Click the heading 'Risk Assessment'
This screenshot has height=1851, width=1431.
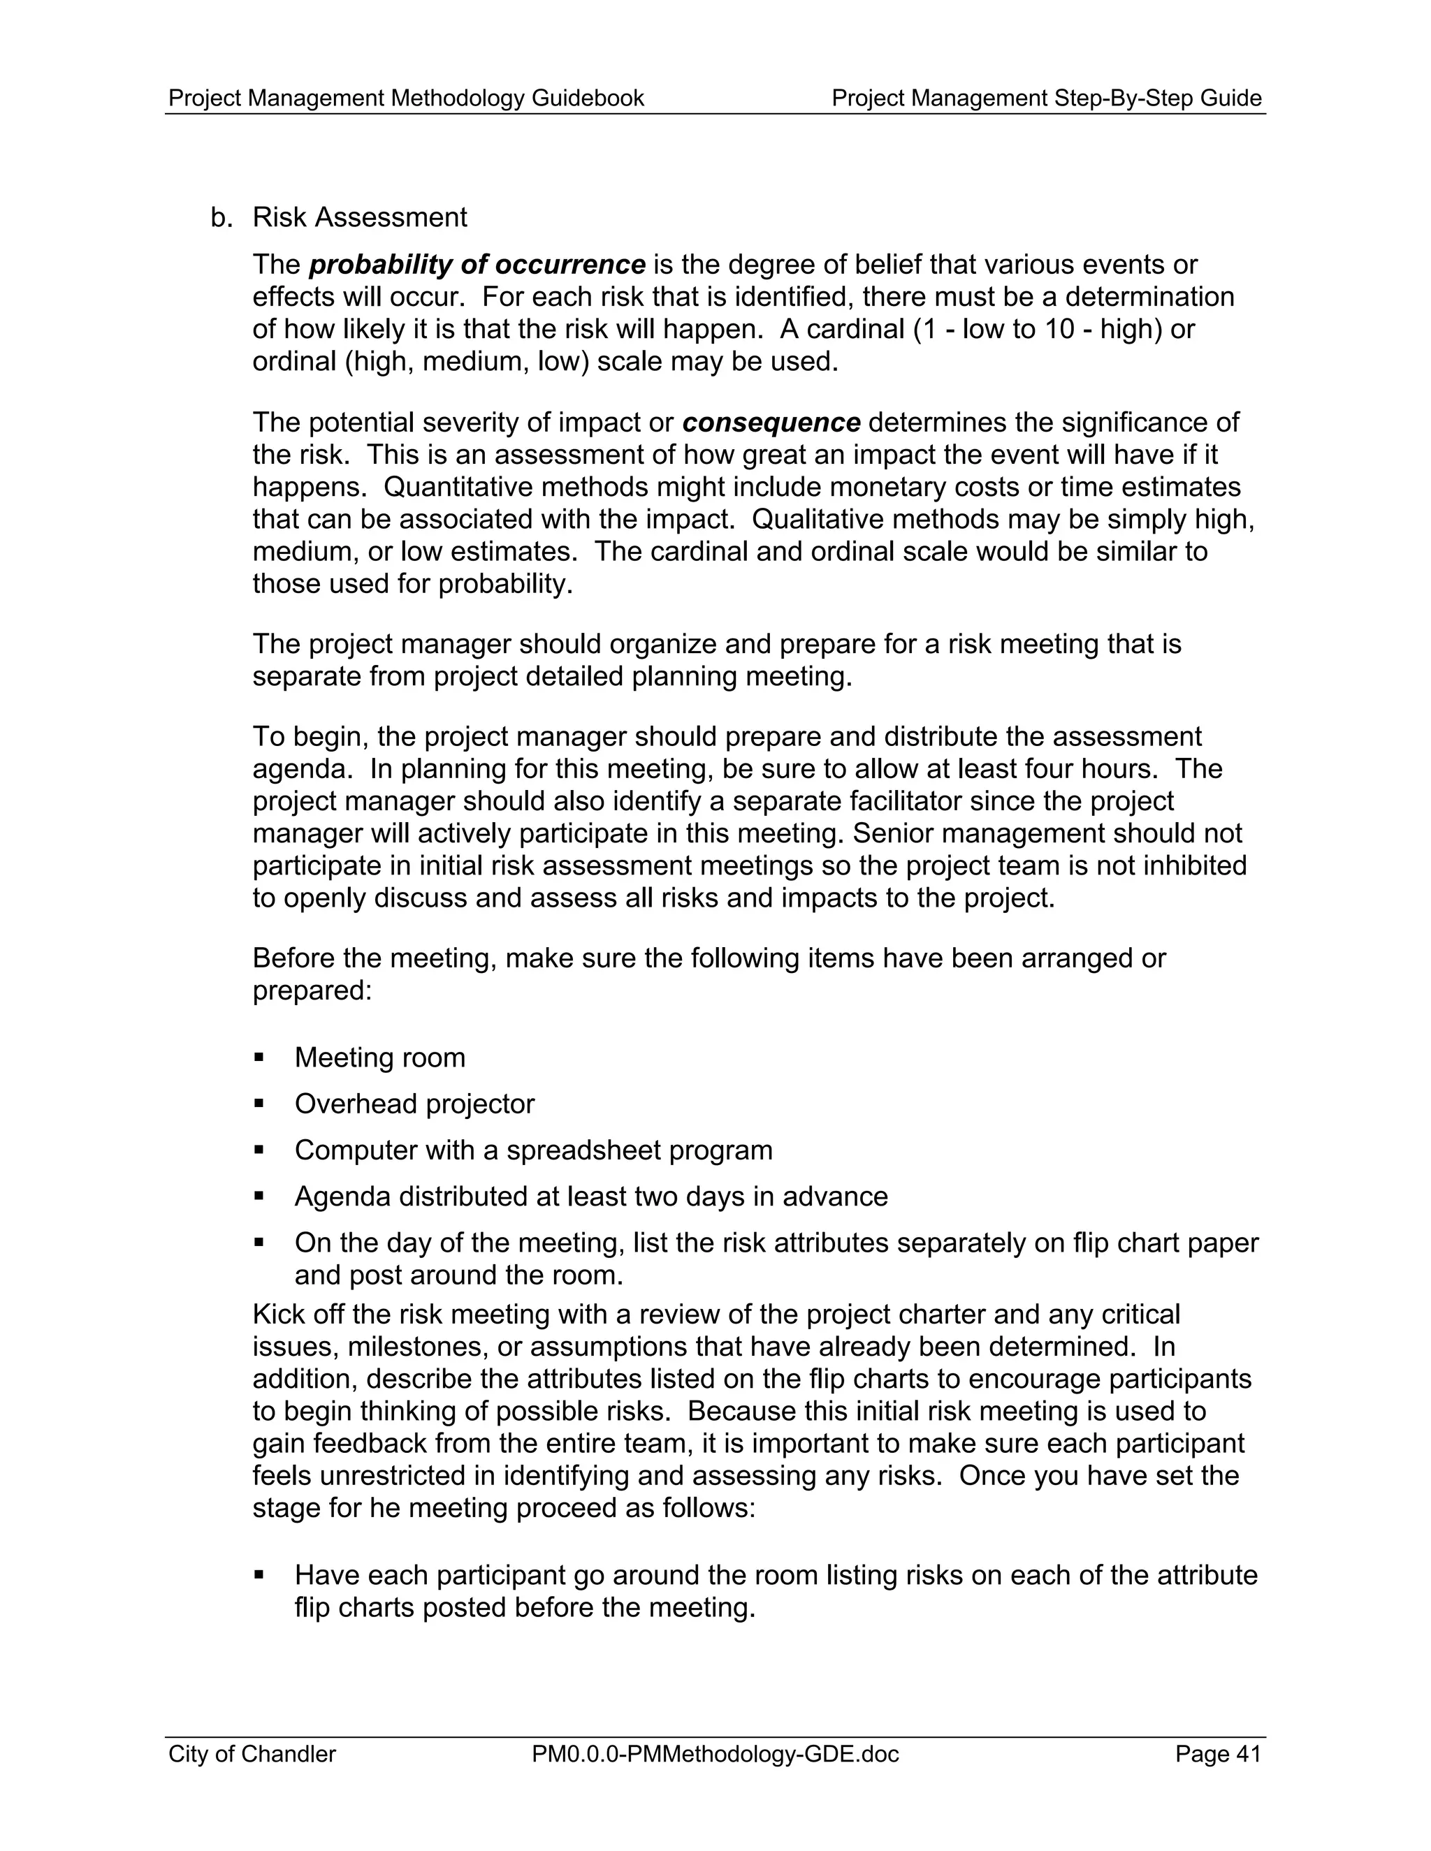coord(359,218)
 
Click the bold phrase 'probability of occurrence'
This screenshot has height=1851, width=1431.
coord(477,265)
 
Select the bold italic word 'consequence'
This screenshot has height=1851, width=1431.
coord(771,422)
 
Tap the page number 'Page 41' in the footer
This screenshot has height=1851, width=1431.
coord(1217,1753)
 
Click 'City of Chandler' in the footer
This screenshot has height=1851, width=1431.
coord(252,1753)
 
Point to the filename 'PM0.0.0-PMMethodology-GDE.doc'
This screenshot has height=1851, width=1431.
coord(715,1753)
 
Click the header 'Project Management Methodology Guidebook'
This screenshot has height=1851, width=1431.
coord(406,98)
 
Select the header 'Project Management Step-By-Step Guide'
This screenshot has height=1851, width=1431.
coord(1046,98)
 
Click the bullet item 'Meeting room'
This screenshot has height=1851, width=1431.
coord(380,1058)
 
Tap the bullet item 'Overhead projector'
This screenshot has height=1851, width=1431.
coord(414,1104)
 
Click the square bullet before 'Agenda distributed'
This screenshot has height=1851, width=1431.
coord(259,1196)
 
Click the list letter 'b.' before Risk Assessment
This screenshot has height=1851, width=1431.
coord(220,218)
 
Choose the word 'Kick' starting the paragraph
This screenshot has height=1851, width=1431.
coord(277,1315)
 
